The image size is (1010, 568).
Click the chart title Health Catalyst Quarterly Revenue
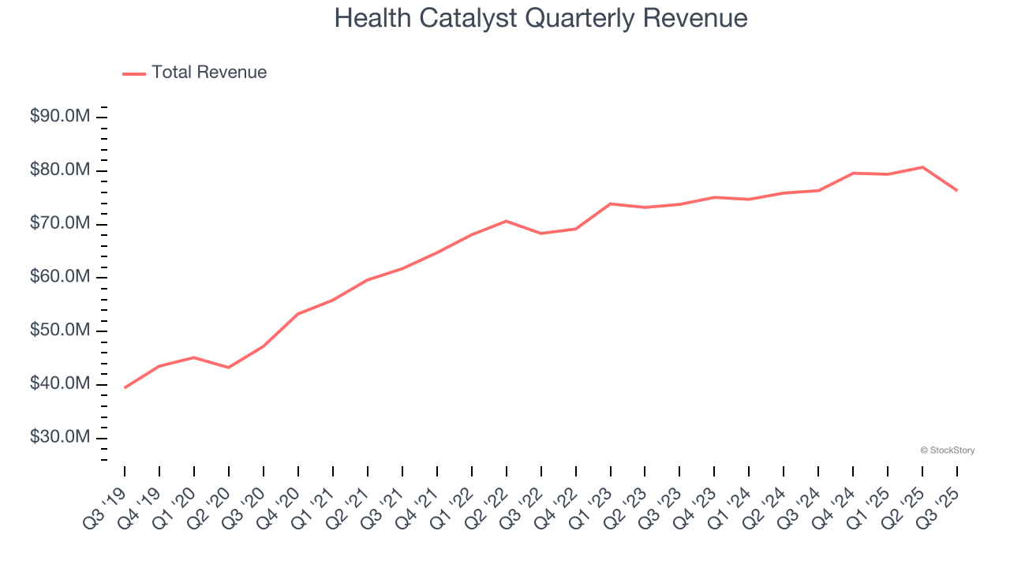pos(541,17)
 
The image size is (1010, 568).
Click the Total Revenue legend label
pos(209,73)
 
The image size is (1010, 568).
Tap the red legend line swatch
pos(134,73)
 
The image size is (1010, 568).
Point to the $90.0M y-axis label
pos(60,117)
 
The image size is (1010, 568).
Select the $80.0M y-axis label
pos(60,170)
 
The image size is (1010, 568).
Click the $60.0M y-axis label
pos(60,277)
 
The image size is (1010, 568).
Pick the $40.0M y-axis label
pos(60,384)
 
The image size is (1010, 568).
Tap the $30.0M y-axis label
pos(60,437)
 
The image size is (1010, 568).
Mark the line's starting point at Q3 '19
pos(125,387)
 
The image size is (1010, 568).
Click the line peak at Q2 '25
pos(922,167)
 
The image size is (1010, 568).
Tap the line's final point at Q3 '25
pos(957,190)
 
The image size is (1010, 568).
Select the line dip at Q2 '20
pos(229,368)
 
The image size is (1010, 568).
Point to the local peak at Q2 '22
pos(506,221)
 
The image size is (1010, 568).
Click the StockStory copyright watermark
pos(947,450)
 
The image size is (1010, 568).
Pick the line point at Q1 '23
pos(610,204)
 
